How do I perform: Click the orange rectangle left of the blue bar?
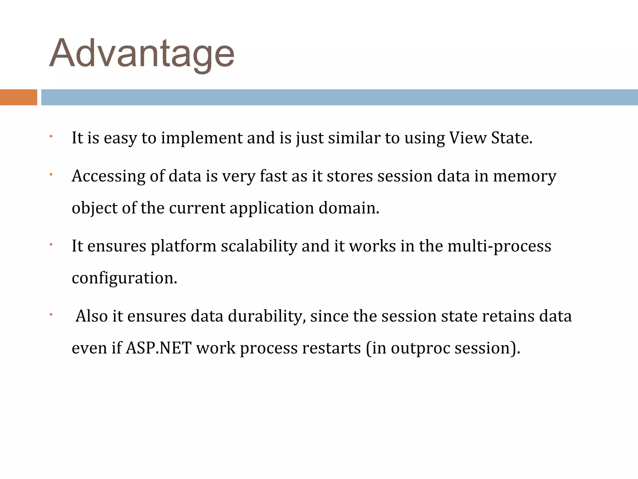[18, 97]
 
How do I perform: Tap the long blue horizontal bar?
[339, 97]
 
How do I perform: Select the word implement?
[202, 138]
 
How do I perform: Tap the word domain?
[349, 208]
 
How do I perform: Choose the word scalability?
[259, 246]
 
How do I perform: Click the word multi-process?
[499, 246]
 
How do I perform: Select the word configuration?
[124, 278]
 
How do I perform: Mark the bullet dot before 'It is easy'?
[51, 136]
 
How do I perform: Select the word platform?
[183, 246]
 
